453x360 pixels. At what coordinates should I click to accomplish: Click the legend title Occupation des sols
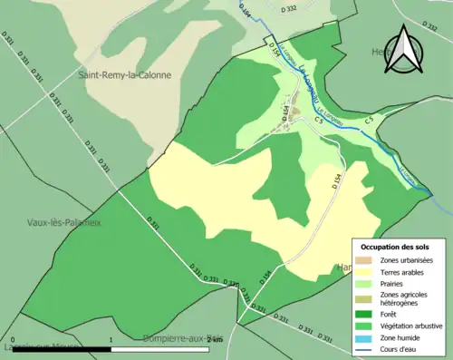point(395,247)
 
